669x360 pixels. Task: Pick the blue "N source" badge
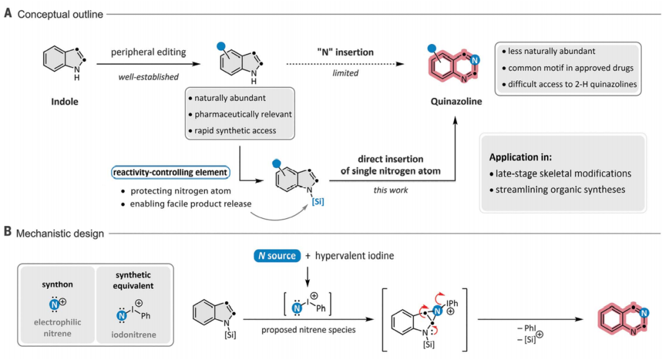(x=274, y=255)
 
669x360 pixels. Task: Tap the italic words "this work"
(x=391, y=190)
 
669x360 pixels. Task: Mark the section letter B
(x=7, y=233)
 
